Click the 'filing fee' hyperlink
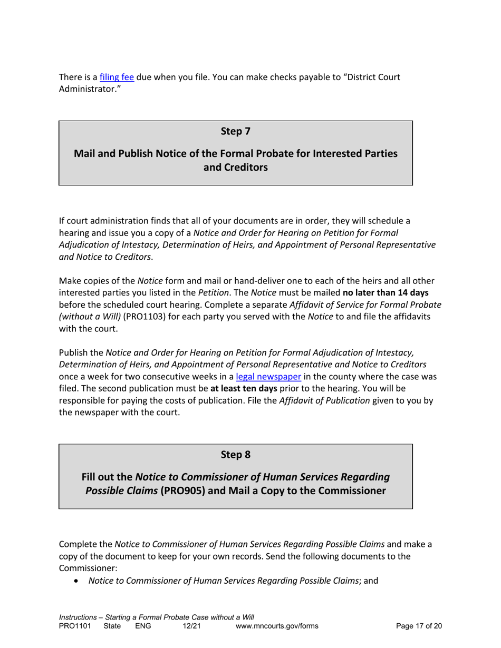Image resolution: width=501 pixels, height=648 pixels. pos(117,77)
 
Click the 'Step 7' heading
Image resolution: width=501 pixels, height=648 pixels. pos(235,132)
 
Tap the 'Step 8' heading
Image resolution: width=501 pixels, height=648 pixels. pos(235,455)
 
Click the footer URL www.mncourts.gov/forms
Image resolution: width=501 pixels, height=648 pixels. pos(277,626)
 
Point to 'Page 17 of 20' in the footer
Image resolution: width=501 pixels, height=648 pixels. pos(419,626)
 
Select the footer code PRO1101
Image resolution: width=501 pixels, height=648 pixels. pos(75,626)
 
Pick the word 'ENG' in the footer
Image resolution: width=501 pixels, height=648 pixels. pos(143,626)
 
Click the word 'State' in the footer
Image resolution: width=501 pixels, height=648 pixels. pos(112,626)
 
